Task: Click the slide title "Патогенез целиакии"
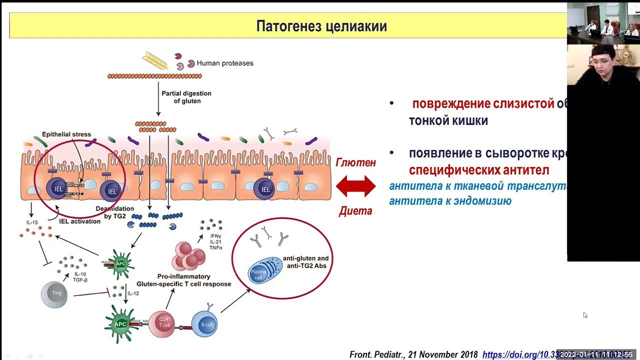(x=321, y=26)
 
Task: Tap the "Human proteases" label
(x=225, y=63)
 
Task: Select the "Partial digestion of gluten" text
(x=186, y=97)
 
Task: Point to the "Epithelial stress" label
(x=66, y=134)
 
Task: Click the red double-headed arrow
(x=355, y=186)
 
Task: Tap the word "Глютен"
(x=355, y=162)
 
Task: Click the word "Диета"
(x=355, y=211)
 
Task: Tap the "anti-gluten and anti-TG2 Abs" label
(x=305, y=262)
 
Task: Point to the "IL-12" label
(x=133, y=293)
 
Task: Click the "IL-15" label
(x=32, y=221)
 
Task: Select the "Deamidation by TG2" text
(x=115, y=212)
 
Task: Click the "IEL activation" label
(x=80, y=221)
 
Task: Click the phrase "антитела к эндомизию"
(x=450, y=201)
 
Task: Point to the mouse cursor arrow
(x=585, y=315)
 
